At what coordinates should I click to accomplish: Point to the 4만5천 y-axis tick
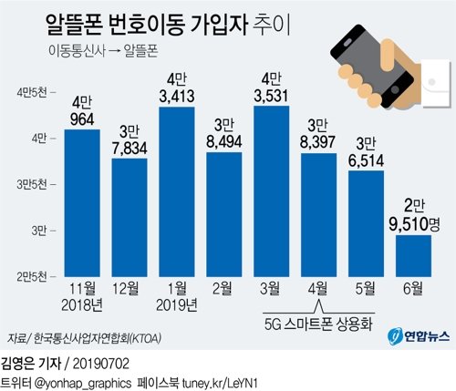pyautogui.click(x=35, y=92)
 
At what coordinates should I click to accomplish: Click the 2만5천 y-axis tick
pyautogui.click(x=35, y=271)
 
